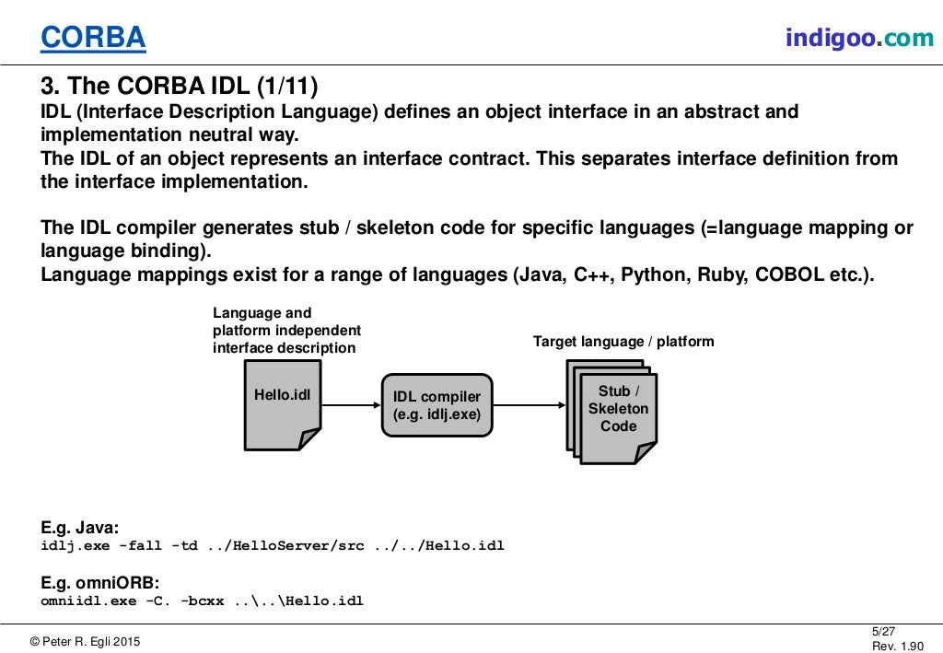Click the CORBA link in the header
[x=93, y=38]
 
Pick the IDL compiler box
[x=437, y=405]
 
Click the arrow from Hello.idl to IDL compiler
[x=351, y=404]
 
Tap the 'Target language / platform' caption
[x=623, y=342]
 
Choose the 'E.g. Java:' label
[x=79, y=529]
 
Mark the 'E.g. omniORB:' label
[x=99, y=583]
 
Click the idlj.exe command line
[x=273, y=545]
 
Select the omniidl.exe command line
[x=202, y=601]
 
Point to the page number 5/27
[x=882, y=630]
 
